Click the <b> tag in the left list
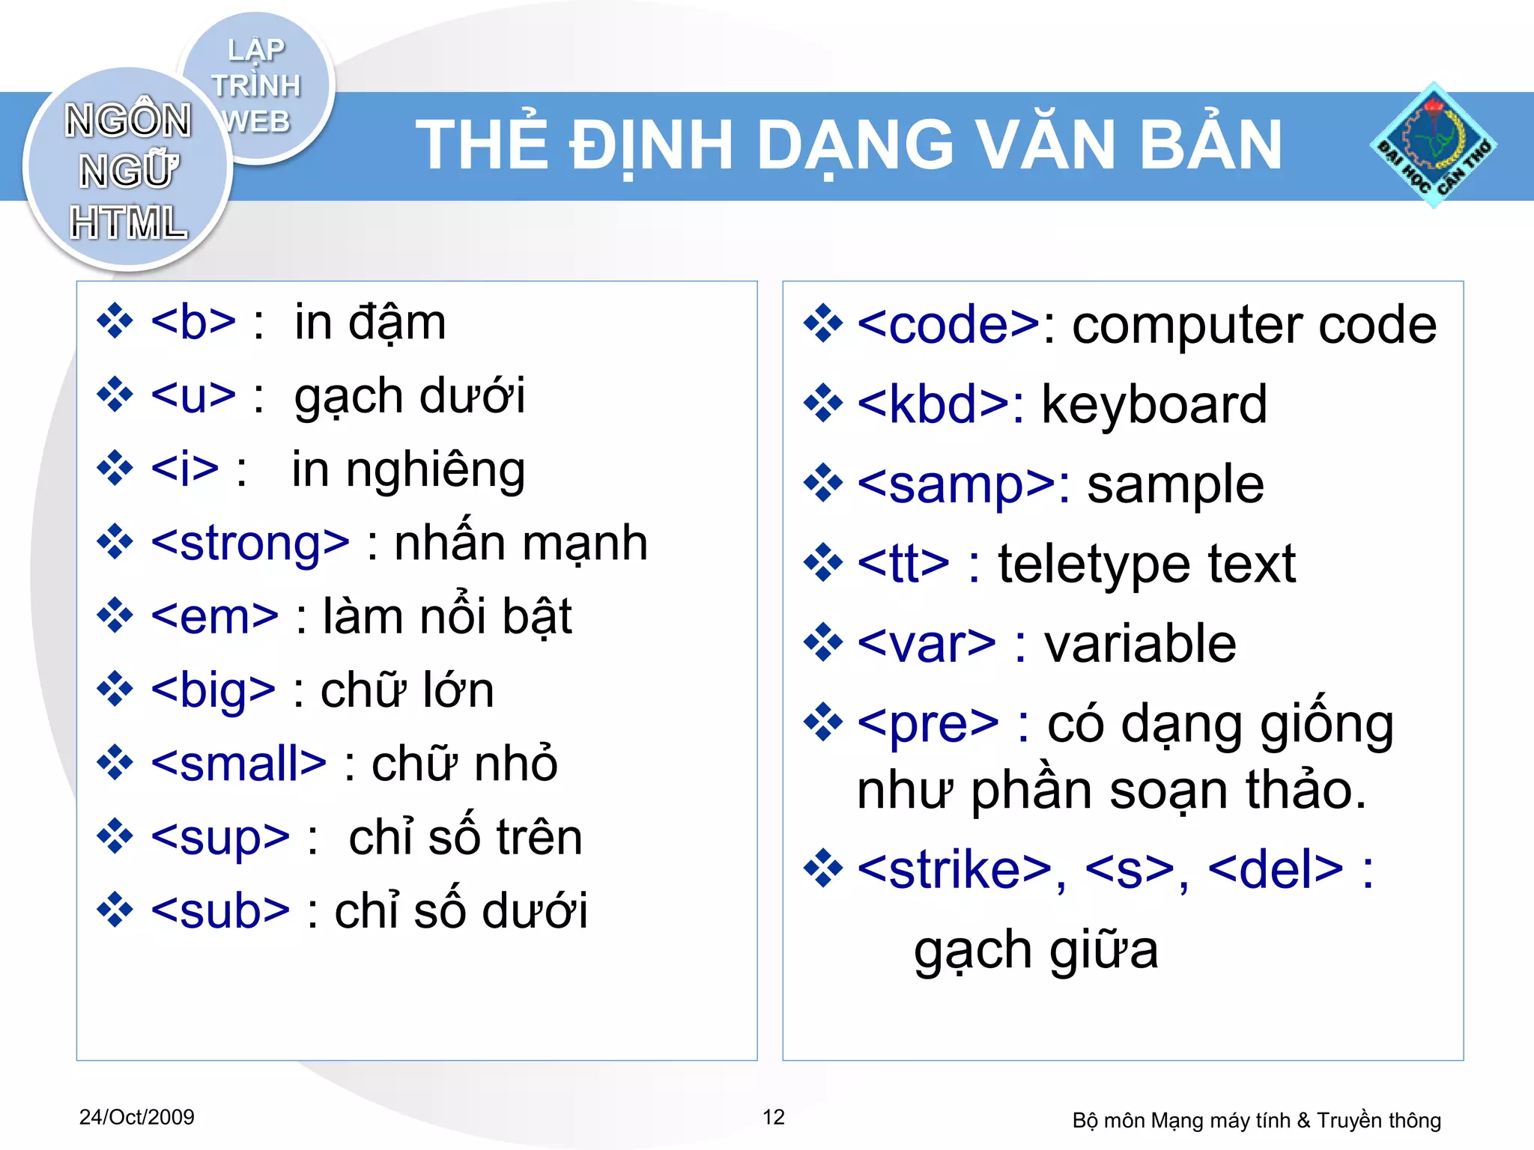click(193, 323)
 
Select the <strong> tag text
click(250, 543)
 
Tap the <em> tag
click(214, 617)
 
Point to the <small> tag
click(238, 764)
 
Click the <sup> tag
click(219, 838)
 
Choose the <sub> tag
click(219, 911)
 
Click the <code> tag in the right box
click(948, 325)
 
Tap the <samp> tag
click(956, 484)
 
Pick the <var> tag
click(927, 644)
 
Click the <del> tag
click(1275, 870)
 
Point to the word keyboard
click(1153, 405)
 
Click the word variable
click(1139, 644)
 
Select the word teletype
click(1093, 565)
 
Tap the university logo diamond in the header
click(1432, 145)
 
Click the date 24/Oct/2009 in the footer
click(136, 1117)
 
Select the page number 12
click(773, 1117)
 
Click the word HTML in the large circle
click(128, 223)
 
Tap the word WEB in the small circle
click(256, 121)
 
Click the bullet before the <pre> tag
click(823, 722)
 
